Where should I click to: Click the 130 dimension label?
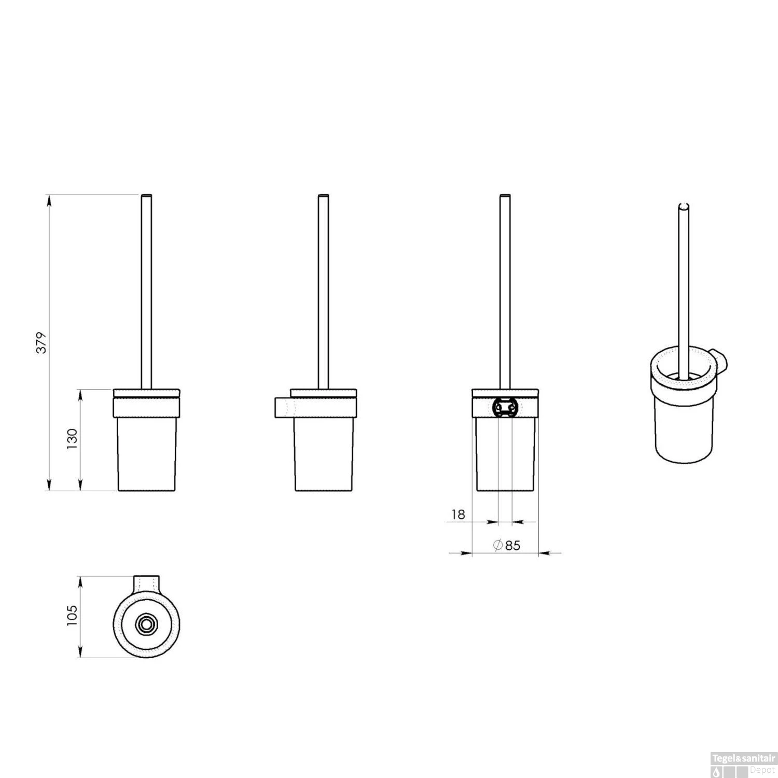[x=72, y=439]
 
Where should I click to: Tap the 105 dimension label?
[x=72, y=616]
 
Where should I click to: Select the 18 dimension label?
[x=459, y=515]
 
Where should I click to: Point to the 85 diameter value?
[x=512, y=545]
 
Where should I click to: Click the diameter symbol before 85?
[x=497, y=545]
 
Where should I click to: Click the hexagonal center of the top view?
[x=144, y=624]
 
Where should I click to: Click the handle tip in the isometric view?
[x=684, y=206]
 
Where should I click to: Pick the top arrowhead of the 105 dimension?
[x=80, y=581]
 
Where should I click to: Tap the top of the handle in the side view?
[x=323, y=196]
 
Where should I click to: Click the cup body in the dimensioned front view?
[x=147, y=454]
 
